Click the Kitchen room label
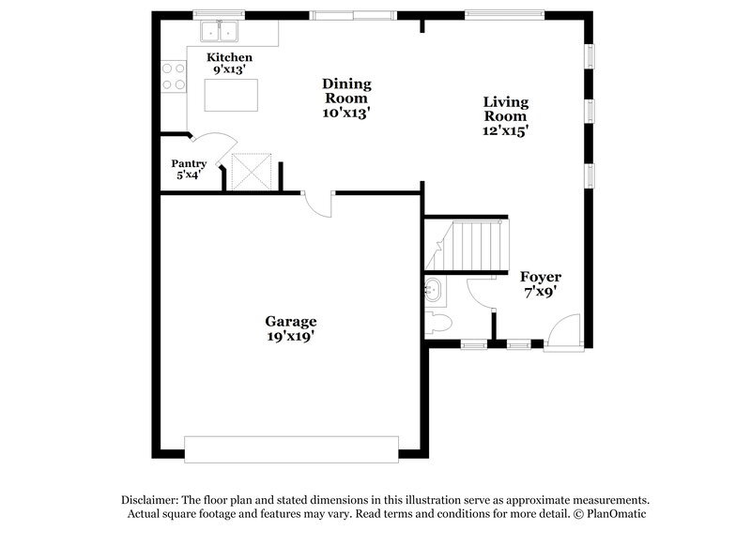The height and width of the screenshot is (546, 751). click(230, 57)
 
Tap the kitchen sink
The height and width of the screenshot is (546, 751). click(221, 32)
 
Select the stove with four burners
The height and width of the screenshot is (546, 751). click(173, 76)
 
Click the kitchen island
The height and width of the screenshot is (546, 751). click(231, 94)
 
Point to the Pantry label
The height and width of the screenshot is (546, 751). click(189, 163)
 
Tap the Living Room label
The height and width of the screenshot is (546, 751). click(505, 109)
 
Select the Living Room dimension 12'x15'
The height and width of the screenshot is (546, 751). click(505, 131)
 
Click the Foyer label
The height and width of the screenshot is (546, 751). click(541, 277)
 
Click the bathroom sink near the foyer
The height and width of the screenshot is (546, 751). click(435, 290)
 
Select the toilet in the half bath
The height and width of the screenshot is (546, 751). click(438, 324)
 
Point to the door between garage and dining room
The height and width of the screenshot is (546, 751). click(319, 204)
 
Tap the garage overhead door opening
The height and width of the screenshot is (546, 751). click(291, 449)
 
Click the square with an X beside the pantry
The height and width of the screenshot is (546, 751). click(252, 172)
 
